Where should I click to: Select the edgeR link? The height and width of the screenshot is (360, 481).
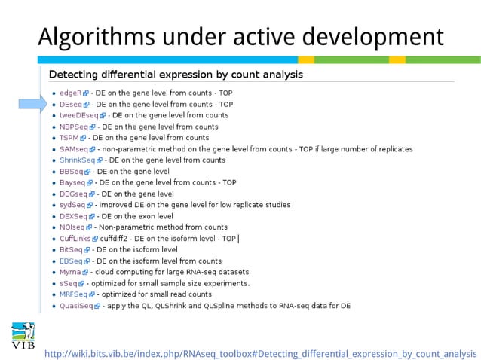click(70, 93)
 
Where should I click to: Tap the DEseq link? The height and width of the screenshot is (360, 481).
click(71, 105)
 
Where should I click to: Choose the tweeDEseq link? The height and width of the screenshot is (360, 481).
click(78, 116)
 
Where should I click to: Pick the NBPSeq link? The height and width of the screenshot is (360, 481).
click(73, 127)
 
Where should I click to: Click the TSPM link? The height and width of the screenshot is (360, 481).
click(69, 138)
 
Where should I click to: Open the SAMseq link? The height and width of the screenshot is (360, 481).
click(73, 149)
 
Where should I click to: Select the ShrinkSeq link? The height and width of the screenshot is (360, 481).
click(77, 160)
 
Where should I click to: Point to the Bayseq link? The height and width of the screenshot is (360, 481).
click(72, 182)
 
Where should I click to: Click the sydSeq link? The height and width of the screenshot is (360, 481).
click(72, 205)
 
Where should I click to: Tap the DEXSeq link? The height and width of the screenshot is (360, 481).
click(72, 216)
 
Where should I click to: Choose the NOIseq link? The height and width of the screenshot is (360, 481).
click(72, 227)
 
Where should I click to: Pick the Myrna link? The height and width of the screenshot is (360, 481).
click(70, 272)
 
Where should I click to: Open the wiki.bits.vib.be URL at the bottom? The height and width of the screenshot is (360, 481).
click(260, 353)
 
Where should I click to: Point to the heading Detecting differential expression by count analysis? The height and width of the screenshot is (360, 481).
click(176, 75)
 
